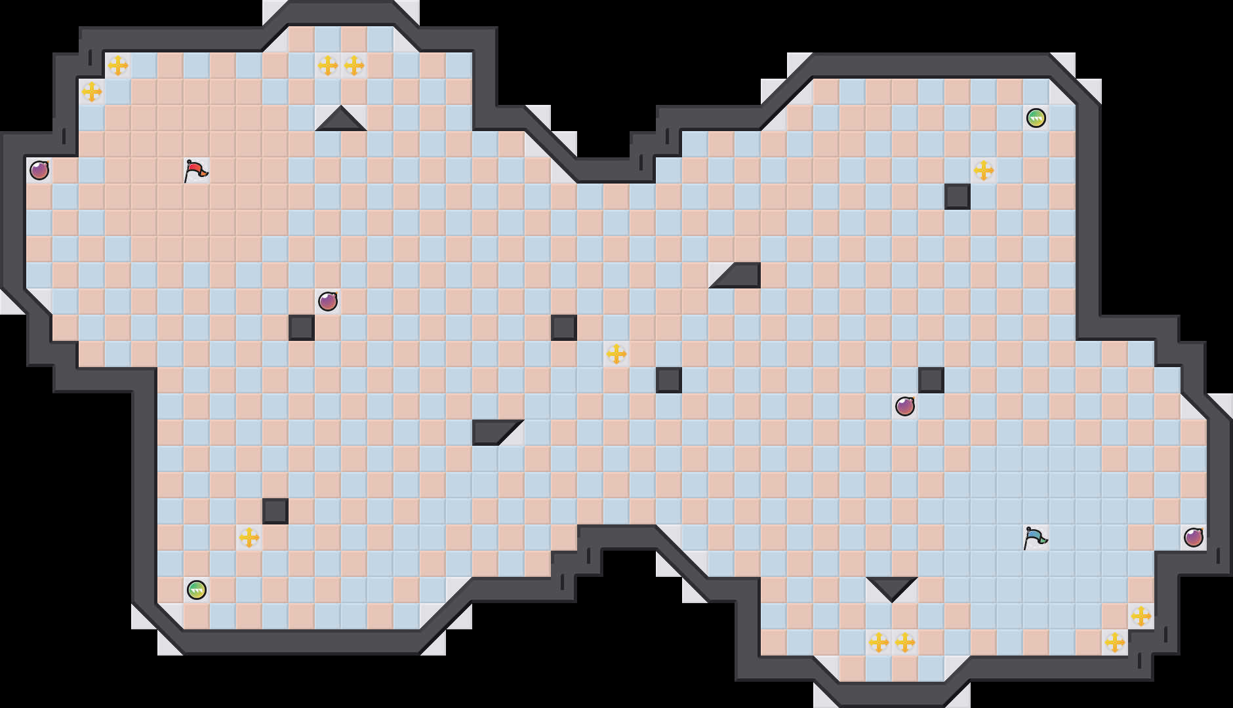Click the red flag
pyautogui.click(x=195, y=170)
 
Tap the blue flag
pyautogui.click(x=1035, y=538)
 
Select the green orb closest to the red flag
pyautogui.click(x=197, y=590)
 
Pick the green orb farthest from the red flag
pyautogui.click(x=1036, y=118)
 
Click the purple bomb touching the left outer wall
pyautogui.click(x=39, y=170)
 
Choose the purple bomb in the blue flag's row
pyautogui.click(x=1194, y=538)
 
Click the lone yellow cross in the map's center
pyautogui.click(x=616, y=354)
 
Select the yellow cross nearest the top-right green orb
pyautogui.click(x=984, y=170)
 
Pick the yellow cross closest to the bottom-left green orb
pyautogui.click(x=249, y=538)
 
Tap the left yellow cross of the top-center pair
pyautogui.click(x=328, y=66)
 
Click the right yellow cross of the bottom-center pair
pyautogui.click(x=905, y=642)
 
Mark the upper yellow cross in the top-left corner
pyautogui.click(x=118, y=66)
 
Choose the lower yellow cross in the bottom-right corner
pyautogui.click(x=1115, y=642)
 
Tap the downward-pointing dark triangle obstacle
pyautogui.click(x=892, y=587)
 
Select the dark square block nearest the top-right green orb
pyautogui.click(x=958, y=197)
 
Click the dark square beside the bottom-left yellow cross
pyautogui.click(x=275, y=511)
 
